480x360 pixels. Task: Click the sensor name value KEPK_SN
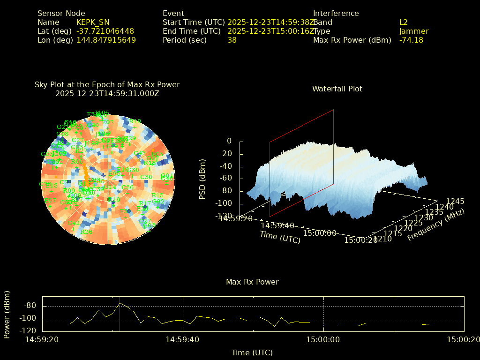click(x=93, y=22)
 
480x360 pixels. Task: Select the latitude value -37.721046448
click(x=105, y=31)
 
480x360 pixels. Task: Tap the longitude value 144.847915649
click(x=106, y=40)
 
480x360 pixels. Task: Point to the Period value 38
click(x=232, y=40)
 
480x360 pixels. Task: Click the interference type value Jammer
click(x=414, y=31)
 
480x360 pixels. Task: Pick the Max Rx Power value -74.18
click(x=411, y=40)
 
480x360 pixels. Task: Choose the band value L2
click(x=404, y=22)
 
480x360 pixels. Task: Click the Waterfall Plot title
click(x=337, y=89)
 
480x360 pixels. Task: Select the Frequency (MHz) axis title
click(x=435, y=224)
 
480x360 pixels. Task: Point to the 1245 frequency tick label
click(x=455, y=201)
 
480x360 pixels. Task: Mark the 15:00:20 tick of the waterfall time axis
click(x=360, y=240)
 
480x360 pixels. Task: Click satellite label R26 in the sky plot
click(x=86, y=232)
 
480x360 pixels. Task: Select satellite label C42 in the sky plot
click(x=74, y=223)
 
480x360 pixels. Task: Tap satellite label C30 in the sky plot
click(x=146, y=177)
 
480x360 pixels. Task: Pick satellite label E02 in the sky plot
click(x=108, y=122)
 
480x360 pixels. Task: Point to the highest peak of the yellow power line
click(x=120, y=303)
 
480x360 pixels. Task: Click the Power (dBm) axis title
click(x=7, y=314)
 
